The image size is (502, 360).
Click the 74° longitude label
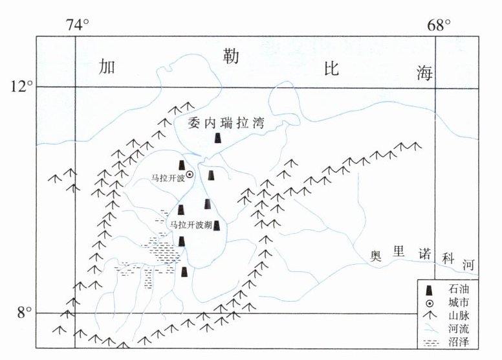[x=76, y=25]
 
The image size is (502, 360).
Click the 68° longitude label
[x=438, y=25]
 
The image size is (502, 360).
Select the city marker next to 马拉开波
[x=190, y=174]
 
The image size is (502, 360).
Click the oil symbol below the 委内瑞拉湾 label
[x=219, y=138]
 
